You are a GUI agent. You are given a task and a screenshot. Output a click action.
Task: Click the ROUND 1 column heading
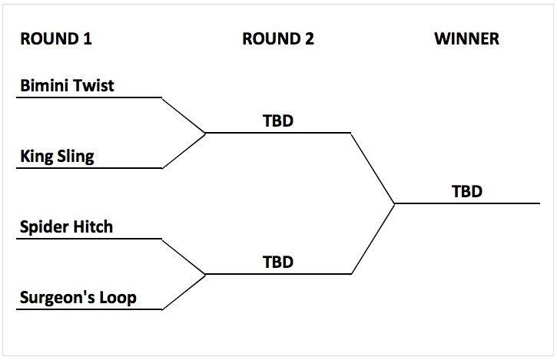coord(56,39)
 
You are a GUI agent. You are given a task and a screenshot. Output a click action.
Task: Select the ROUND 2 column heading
coord(278,39)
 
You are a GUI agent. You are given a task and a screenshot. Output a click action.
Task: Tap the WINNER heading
coord(466,39)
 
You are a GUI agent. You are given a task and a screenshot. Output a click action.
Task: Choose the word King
coord(35,157)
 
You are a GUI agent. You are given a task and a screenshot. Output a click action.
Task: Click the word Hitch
coord(93,227)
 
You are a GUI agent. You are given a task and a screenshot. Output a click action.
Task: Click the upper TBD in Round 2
coord(278,121)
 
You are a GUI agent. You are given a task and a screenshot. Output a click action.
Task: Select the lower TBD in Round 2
coord(278,262)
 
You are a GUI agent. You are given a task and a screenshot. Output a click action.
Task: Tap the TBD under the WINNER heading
coord(466,191)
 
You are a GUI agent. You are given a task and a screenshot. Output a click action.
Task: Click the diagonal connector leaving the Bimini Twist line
coord(184,115)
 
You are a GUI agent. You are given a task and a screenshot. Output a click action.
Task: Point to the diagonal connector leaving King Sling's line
coord(184,151)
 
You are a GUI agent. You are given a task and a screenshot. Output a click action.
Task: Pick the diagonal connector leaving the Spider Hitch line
coord(184,256)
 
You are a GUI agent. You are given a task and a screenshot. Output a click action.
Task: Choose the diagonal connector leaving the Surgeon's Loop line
coord(184,292)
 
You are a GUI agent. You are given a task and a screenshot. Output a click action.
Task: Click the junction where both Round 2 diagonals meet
coord(394,203)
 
